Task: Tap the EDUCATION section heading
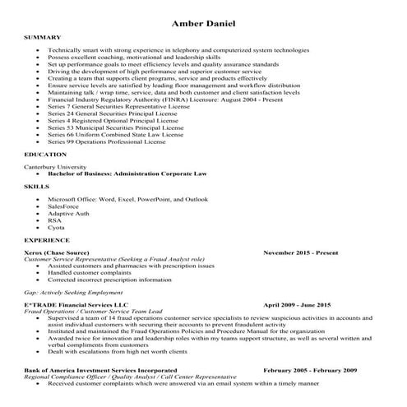coord(46,155)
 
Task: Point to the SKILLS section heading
coord(37,187)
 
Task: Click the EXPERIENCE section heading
coord(47,239)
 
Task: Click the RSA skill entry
coord(54,220)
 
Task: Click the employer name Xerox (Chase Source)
coord(58,252)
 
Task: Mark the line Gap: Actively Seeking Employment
coord(77,292)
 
